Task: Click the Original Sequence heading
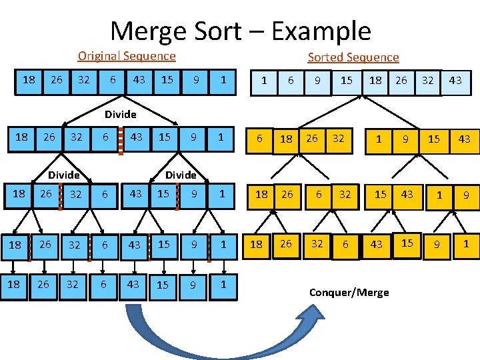pyautogui.click(x=127, y=57)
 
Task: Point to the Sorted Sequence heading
pyautogui.click(x=353, y=57)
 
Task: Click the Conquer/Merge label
pyautogui.click(x=349, y=292)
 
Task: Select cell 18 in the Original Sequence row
pyautogui.click(x=29, y=80)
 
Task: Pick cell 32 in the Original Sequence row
pyautogui.click(x=85, y=80)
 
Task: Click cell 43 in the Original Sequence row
pyautogui.click(x=139, y=80)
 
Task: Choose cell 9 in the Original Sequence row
pyautogui.click(x=195, y=80)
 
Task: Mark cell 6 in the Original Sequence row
pyautogui.click(x=113, y=80)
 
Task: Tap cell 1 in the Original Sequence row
pyautogui.click(x=223, y=80)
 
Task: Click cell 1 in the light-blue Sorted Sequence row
pyautogui.click(x=265, y=81)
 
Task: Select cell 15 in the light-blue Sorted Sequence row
pyautogui.click(x=347, y=81)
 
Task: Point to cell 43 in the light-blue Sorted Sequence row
pyautogui.click(x=455, y=81)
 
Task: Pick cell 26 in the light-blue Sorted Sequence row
pyautogui.click(x=401, y=81)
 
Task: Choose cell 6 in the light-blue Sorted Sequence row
pyautogui.click(x=291, y=81)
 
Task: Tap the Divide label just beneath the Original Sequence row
pyautogui.click(x=120, y=115)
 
